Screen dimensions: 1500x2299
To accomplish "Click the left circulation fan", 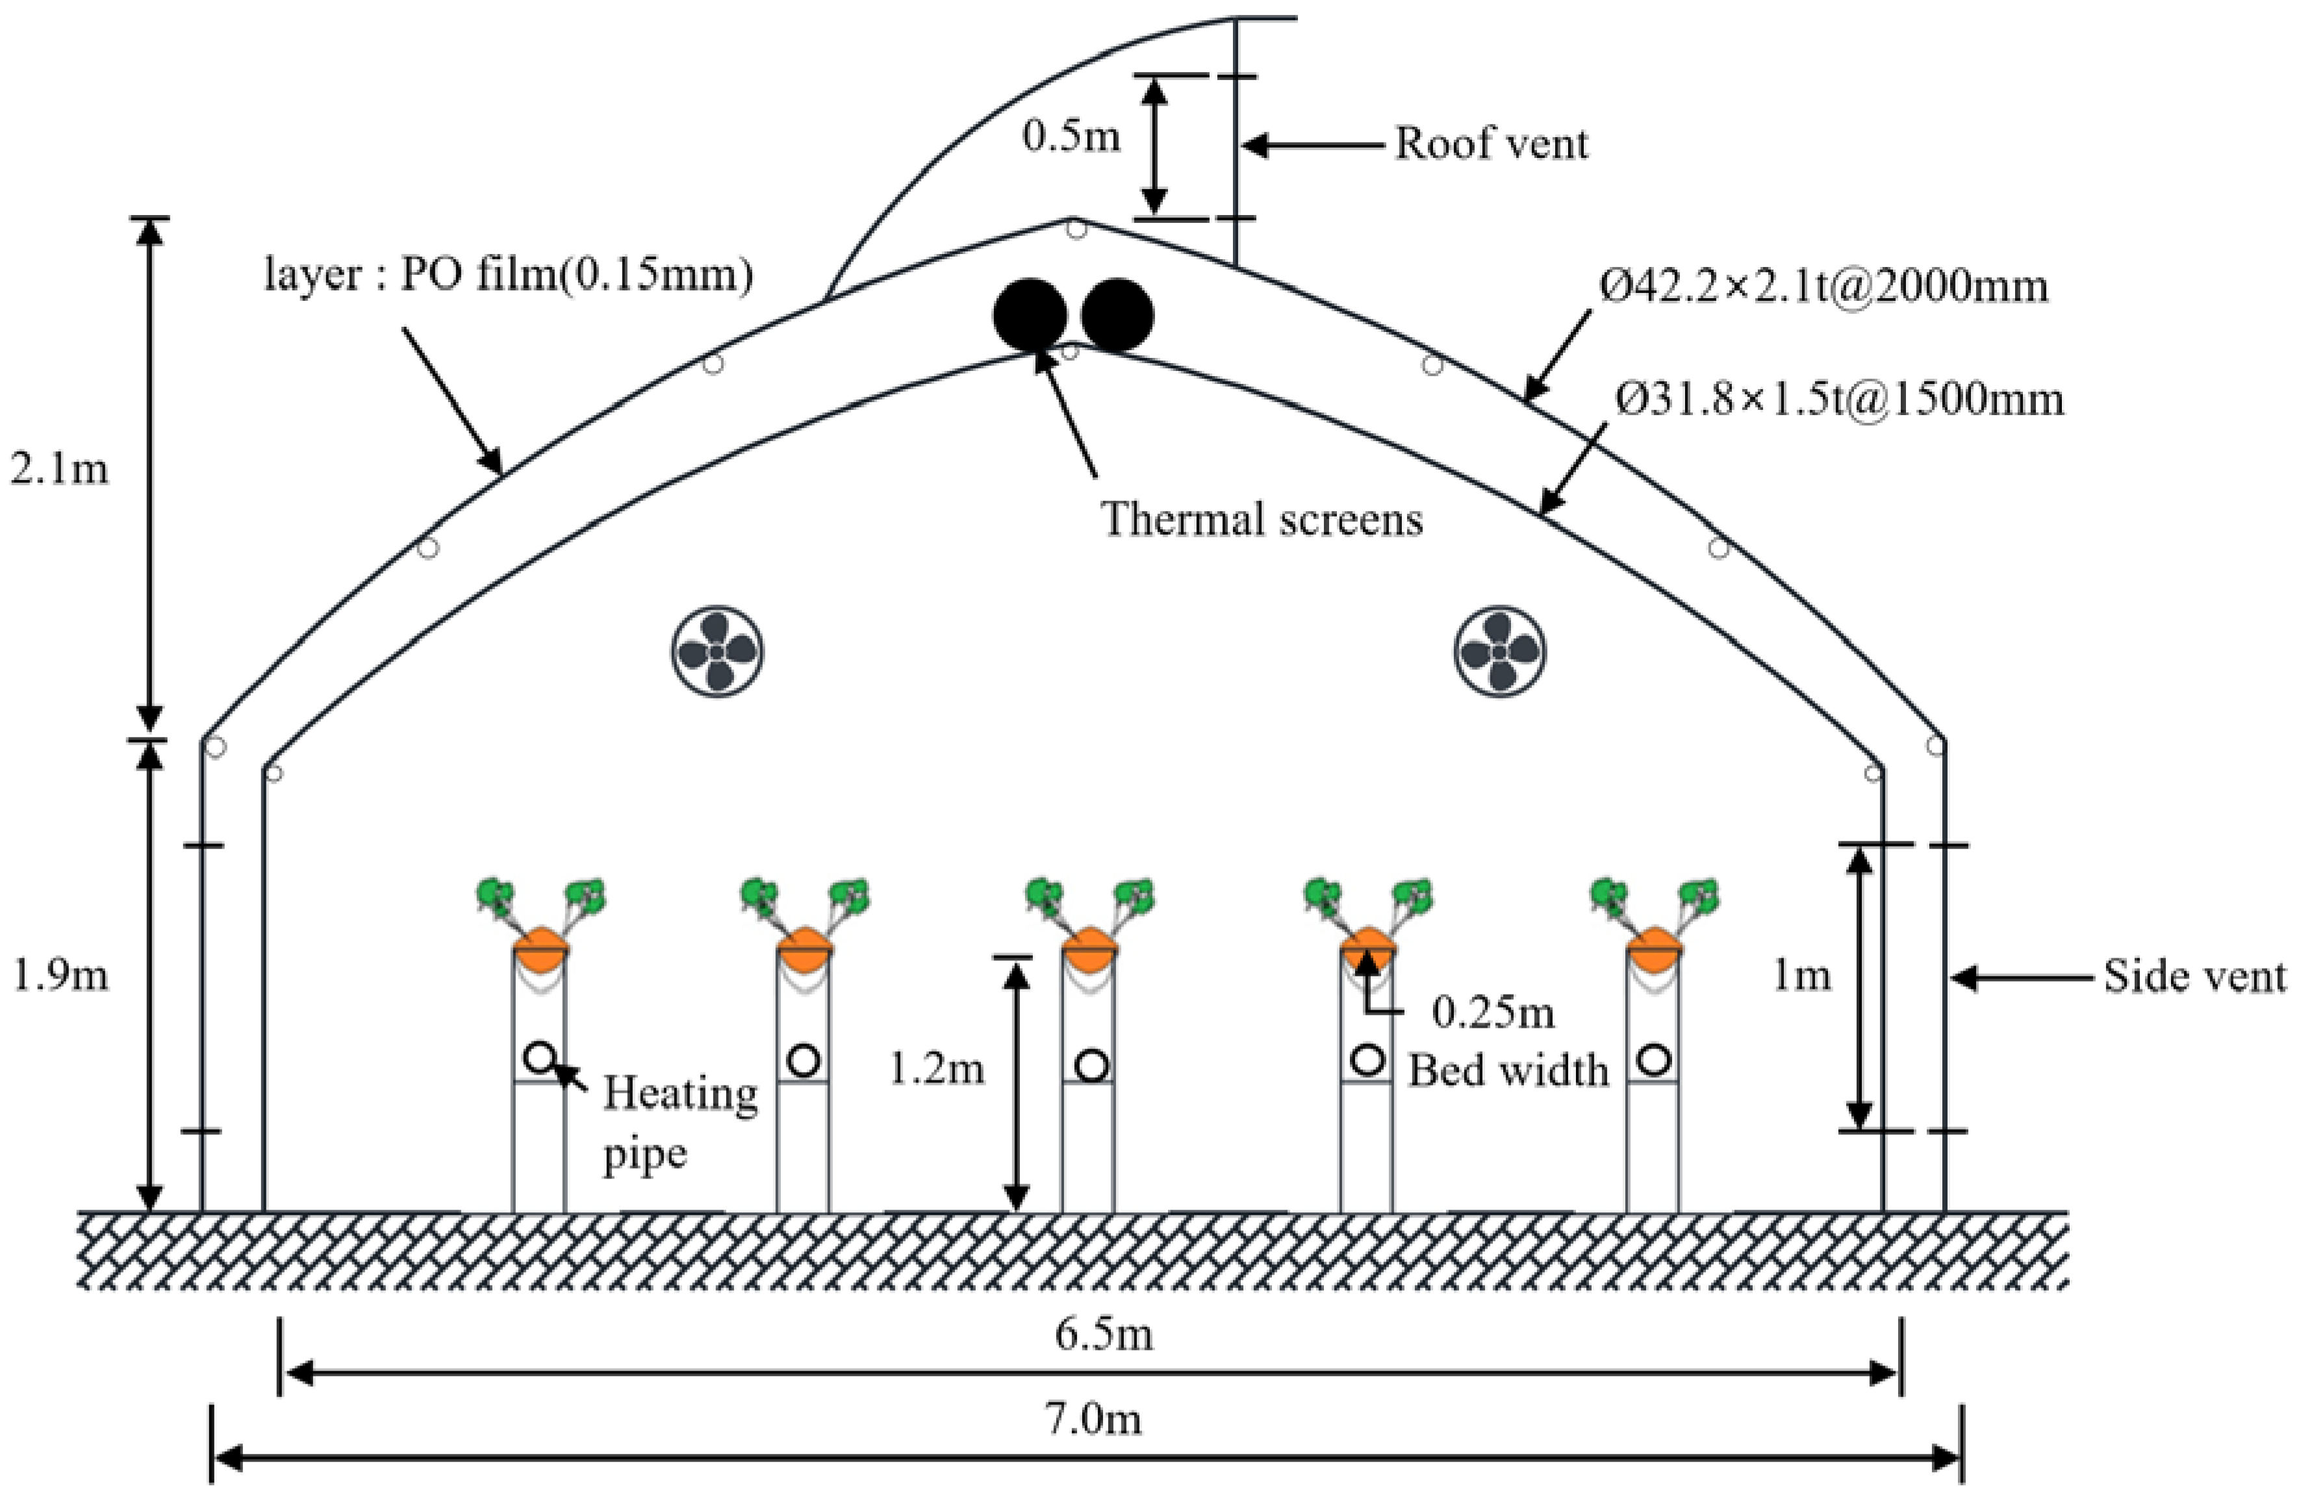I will pos(717,651).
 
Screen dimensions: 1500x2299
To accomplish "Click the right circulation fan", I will pos(1499,651).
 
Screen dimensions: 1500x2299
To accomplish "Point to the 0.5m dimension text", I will pos(1071,137).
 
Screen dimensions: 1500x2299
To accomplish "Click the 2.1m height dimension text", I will pos(60,470).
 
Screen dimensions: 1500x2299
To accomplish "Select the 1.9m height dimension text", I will pos(60,976).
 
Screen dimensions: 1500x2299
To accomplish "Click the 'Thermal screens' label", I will pos(1262,520).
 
